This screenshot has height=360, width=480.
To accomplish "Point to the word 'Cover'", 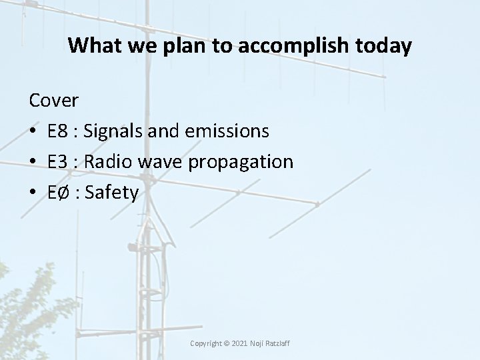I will pyautogui.click(x=53, y=101).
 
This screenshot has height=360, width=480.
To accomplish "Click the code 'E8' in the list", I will pyautogui.click(x=58, y=131).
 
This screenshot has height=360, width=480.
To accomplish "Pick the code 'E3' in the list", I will pyautogui.click(x=58, y=162).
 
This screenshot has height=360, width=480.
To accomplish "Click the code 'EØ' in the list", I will pyautogui.click(x=59, y=193).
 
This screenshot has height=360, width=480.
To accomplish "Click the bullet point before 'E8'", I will pyautogui.click(x=33, y=132).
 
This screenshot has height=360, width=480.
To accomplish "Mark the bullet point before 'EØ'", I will pyautogui.click(x=33, y=193).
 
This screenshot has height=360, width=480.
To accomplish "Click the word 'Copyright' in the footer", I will pyautogui.click(x=206, y=343).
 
